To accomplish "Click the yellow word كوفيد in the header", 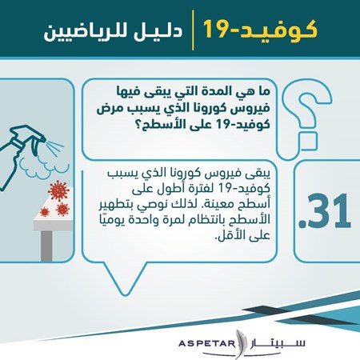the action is (277, 30).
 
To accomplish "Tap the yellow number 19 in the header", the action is (217, 29).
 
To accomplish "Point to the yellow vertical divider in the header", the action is (193, 30).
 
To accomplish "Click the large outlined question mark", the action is (306, 118).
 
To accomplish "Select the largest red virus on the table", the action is (58, 191).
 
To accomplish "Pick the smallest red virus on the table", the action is (45, 212).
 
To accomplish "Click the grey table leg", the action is (46, 246).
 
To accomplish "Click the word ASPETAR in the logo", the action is (207, 343).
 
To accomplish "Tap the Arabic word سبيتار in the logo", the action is (278, 343).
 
